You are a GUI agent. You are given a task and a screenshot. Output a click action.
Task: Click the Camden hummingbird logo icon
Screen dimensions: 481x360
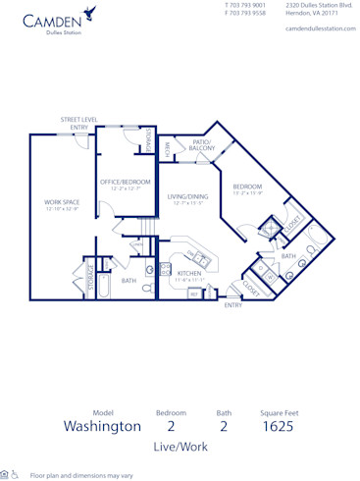coord(90,13)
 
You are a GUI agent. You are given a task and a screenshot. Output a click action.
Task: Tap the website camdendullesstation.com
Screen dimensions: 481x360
coord(319,28)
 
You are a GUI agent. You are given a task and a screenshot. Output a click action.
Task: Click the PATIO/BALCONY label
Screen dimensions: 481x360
coord(202,145)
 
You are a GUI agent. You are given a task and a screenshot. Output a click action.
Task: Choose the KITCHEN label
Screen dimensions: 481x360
coord(189,274)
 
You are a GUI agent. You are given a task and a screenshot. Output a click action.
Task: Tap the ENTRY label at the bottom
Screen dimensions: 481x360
coord(232,305)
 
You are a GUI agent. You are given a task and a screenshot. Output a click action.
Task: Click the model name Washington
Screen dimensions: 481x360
coord(102,426)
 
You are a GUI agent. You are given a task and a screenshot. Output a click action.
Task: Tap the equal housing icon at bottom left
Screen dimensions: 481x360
coord(5,474)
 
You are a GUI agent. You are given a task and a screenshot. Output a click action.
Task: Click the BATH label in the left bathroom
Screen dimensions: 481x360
coord(129,281)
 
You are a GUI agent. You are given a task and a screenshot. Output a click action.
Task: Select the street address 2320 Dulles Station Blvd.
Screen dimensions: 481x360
coord(319,5)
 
